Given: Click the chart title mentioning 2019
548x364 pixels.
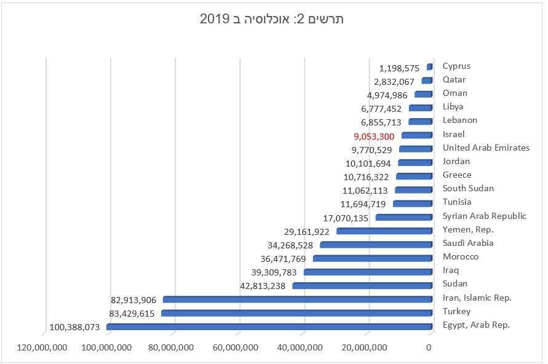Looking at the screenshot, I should (x=271, y=19).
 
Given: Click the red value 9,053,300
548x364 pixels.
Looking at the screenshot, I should (x=374, y=136).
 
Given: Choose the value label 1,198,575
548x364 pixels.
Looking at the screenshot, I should (x=399, y=68).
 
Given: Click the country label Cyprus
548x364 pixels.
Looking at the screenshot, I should (x=456, y=66).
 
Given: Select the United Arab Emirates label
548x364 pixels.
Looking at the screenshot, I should (x=486, y=148).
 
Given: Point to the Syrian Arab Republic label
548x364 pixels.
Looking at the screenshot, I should (x=484, y=216).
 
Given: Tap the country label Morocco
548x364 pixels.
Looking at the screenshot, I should (x=460, y=256).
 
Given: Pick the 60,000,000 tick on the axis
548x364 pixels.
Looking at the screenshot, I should (x=236, y=348).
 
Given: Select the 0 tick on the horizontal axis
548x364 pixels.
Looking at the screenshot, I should (x=429, y=348).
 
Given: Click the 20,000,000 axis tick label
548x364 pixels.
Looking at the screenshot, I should (x=365, y=348).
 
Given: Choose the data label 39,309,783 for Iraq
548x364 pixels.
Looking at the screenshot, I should (x=274, y=272).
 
